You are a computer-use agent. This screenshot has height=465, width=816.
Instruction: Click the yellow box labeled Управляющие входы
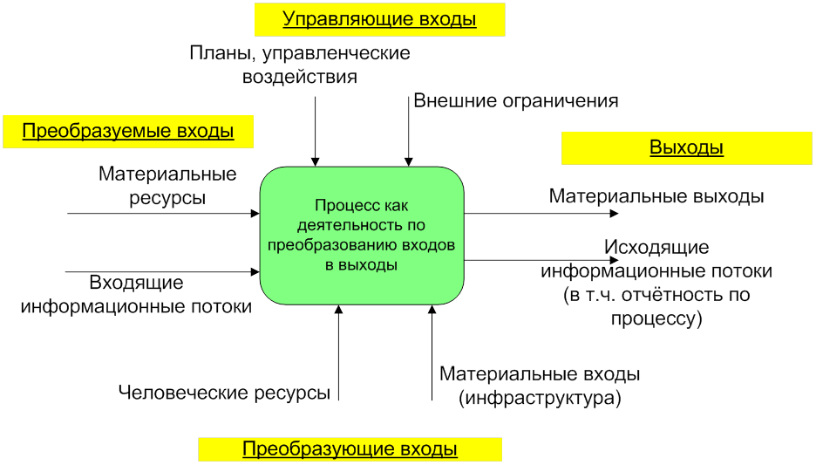tap(380, 19)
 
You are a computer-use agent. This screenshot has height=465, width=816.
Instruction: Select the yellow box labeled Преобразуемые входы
tap(128, 132)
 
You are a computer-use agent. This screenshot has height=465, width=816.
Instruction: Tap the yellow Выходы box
tap(686, 147)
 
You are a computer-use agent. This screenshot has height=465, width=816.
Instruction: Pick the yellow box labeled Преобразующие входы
tap(350, 449)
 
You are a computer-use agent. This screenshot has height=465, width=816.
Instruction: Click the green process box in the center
tap(362, 236)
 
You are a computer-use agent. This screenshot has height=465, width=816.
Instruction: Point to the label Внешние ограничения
tap(516, 100)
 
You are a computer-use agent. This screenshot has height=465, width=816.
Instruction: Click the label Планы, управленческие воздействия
tap(300, 65)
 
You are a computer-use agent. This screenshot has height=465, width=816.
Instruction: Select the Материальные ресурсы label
tap(168, 186)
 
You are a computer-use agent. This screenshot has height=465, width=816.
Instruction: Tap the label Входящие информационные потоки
tap(137, 294)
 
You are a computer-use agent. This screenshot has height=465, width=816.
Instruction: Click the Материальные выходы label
tap(656, 196)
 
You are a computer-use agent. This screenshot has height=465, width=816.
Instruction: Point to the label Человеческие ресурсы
tap(225, 393)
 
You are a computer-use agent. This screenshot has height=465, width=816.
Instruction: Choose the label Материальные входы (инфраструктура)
tap(541, 386)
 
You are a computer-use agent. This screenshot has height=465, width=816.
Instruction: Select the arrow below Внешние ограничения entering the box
tap(408, 131)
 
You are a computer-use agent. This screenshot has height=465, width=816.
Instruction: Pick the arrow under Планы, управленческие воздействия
tap(315, 131)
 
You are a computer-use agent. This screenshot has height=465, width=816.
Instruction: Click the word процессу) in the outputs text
tap(656, 318)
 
